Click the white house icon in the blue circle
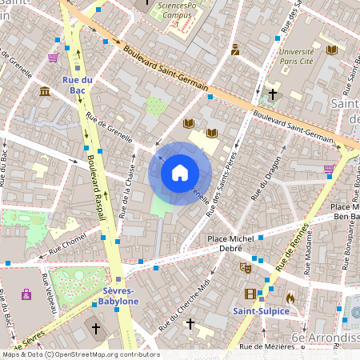[180, 172]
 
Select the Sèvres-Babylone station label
[119, 296]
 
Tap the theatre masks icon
[246, 268]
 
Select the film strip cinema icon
[250, 272]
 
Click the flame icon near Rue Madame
[289, 297]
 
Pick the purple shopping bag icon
[26, 294]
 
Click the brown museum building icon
[44, 92]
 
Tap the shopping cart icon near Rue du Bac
[53, 58]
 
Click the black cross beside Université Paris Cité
[272, 94]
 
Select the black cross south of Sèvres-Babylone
[96, 328]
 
